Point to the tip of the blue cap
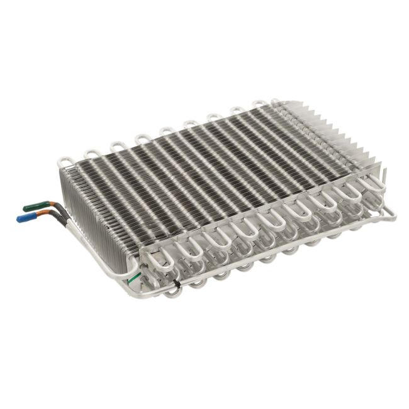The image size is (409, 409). click(x=18, y=220)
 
